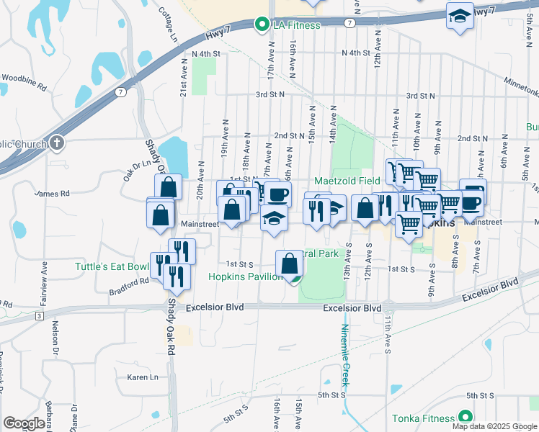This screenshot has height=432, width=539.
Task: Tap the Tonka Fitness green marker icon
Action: coord(465,418)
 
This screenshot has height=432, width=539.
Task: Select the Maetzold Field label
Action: coord(346,181)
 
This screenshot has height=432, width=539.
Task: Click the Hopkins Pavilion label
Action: coord(245,276)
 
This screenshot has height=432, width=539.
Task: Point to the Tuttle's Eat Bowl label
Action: coord(112,267)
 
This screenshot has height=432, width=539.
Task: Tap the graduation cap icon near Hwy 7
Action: coord(459,16)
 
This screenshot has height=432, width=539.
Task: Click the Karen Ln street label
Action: coord(142,377)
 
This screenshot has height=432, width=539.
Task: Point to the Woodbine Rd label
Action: coord(24,76)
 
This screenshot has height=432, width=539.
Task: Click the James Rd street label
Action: coord(52,194)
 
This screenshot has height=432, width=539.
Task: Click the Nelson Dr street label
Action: coord(55,336)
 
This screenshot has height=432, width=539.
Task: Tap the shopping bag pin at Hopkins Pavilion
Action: coord(290,264)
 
